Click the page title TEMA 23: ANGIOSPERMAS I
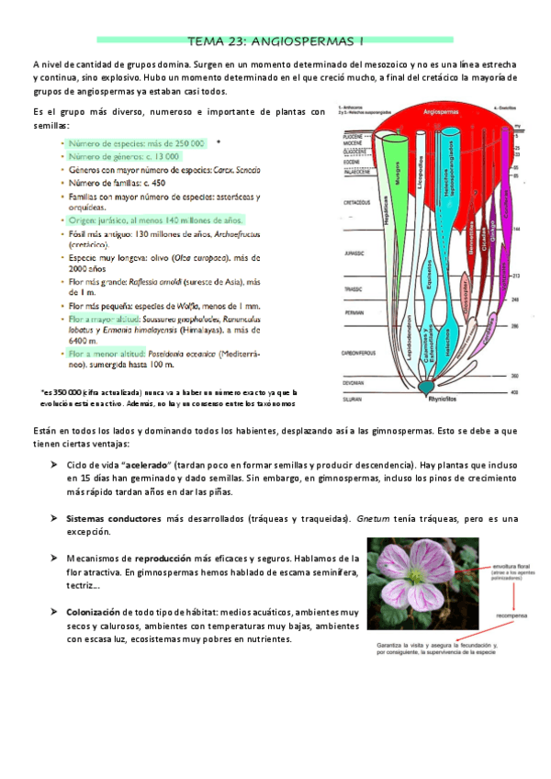pos(275,40)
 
